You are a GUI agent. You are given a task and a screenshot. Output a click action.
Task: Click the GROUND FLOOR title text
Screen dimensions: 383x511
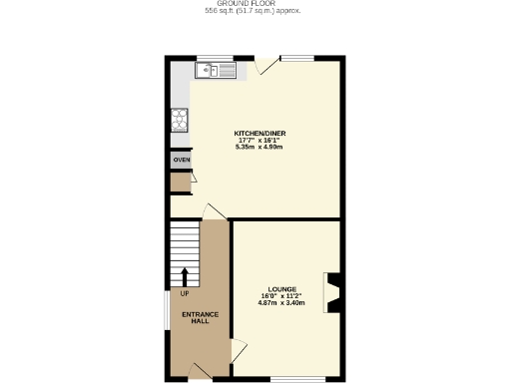pyautogui.click(x=253, y=4)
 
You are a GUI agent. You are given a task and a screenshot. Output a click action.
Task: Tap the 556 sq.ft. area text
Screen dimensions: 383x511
pyautogui.click(x=253, y=12)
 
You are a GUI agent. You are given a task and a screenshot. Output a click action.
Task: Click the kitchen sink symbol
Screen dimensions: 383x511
pyautogui.click(x=216, y=70)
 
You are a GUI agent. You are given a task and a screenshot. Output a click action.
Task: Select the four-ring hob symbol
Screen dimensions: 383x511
pyautogui.click(x=180, y=120)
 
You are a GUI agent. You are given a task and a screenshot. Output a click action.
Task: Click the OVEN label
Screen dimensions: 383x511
pyautogui.click(x=181, y=160)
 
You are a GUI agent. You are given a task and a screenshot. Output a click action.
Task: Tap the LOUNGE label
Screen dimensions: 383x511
pyautogui.click(x=281, y=289)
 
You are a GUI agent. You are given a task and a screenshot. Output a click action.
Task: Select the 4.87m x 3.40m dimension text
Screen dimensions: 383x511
pyautogui.click(x=281, y=303)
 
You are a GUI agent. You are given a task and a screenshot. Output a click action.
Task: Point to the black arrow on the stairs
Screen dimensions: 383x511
pyautogui.click(x=185, y=276)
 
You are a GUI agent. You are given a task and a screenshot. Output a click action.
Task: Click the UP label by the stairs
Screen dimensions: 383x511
pyautogui.click(x=185, y=293)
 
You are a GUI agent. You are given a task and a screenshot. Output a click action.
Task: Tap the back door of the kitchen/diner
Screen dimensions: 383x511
pyautogui.click(x=263, y=66)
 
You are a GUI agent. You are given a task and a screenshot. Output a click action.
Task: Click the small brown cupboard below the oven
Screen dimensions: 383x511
pyautogui.click(x=181, y=183)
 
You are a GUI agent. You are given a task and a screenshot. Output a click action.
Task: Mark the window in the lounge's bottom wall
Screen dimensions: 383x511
pyautogui.click(x=296, y=379)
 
